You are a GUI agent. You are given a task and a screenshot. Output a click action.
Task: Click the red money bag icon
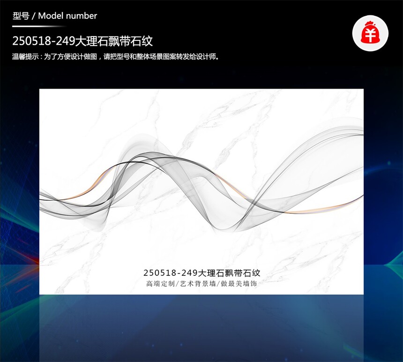(x=370, y=33)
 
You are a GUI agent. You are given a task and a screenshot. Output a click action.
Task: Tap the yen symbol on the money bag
(x=370, y=35)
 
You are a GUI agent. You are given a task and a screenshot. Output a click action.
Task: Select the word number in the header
(x=81, y=16)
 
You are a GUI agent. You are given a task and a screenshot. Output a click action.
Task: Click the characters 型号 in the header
(x=21, y=16)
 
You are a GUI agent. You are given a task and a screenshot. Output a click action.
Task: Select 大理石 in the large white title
(x=91, y=41)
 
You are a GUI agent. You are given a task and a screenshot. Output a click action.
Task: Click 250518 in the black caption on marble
(x=159, y=272)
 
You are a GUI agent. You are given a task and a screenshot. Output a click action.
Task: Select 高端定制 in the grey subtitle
(x=160, y=284)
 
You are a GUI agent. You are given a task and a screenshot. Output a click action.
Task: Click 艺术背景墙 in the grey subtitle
(x=198, y=284)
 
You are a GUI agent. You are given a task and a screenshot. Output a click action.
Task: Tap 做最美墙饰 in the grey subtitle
(x=239, y=284)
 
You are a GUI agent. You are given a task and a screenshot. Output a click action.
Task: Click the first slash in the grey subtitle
(x=177, y=284)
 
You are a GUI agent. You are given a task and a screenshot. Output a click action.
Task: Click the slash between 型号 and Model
(x=34, y=16)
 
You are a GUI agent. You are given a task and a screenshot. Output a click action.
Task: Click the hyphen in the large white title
(x=53, y=42)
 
